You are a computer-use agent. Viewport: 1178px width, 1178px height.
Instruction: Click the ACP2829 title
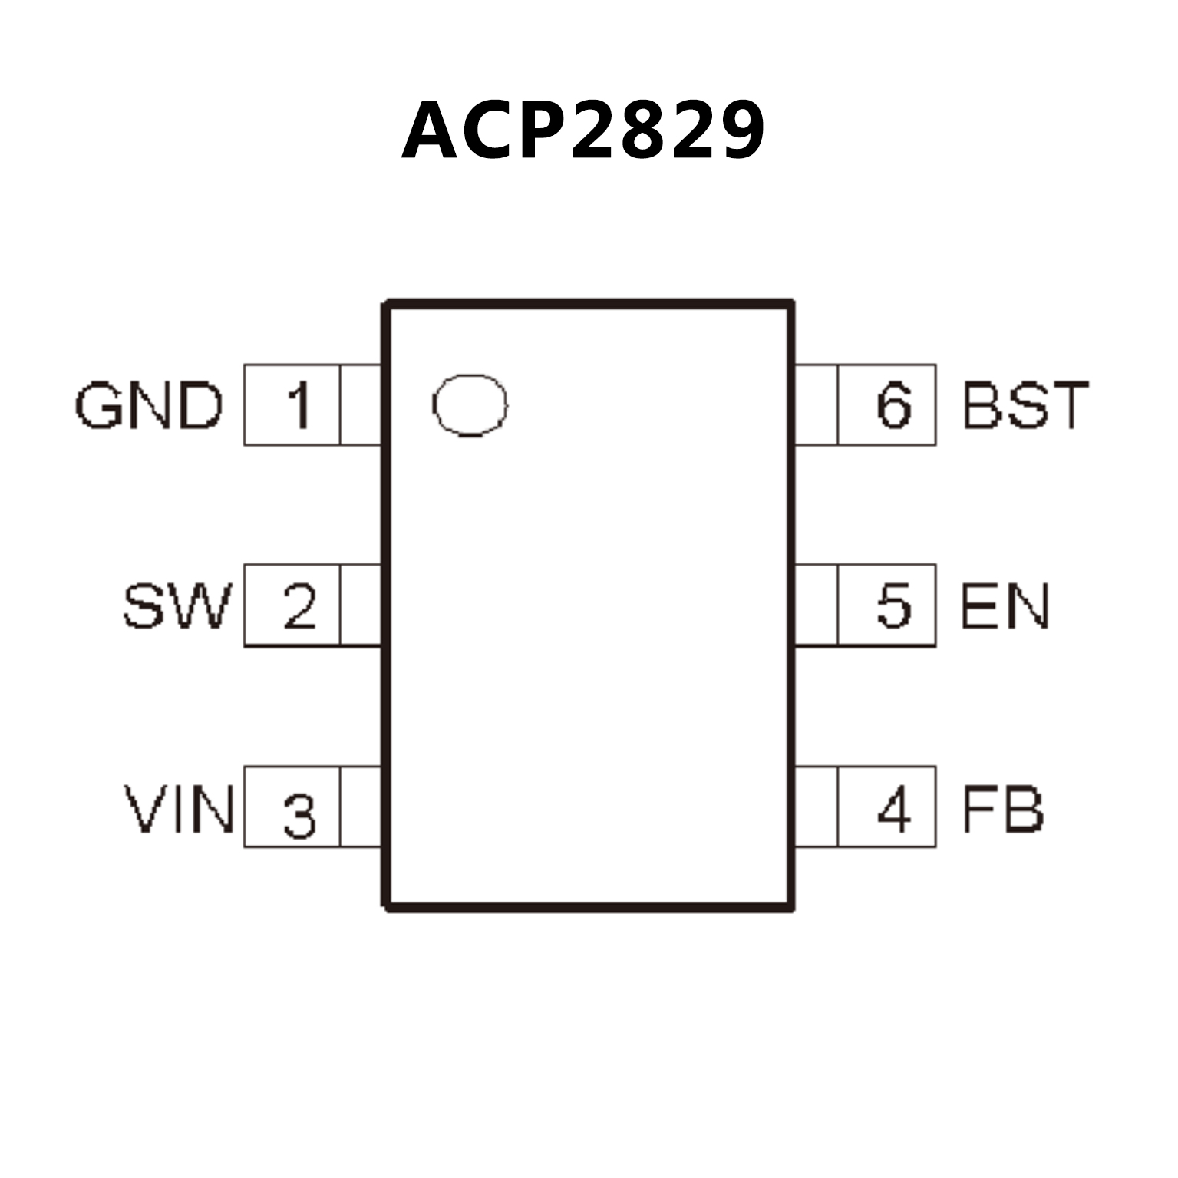click(583, 130)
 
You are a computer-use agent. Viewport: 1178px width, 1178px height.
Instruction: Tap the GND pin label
click(149, 405)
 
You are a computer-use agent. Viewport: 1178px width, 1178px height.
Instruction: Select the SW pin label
click(177, 606)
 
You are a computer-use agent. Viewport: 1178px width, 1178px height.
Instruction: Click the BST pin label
click(1025, 405)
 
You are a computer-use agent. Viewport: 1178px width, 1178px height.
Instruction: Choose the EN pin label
click(1004, 606)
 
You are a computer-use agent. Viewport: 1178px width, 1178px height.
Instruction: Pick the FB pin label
click(1002, 809)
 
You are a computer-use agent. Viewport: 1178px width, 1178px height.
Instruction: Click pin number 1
click(298, 405)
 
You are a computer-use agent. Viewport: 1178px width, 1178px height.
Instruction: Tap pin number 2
click(299, 606)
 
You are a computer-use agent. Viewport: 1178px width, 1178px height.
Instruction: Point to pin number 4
click(894, 809)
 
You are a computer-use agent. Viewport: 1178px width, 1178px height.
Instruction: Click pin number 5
click(894, 606)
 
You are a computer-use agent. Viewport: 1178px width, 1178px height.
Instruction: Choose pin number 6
click(894, 405)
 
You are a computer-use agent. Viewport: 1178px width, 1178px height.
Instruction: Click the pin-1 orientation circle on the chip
click(470, 405)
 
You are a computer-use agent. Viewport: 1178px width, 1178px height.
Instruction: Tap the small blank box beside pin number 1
click(360, 405)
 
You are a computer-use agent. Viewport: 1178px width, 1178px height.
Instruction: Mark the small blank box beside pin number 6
click(816, 405)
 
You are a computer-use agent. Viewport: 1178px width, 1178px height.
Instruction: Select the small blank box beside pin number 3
click(360, 807)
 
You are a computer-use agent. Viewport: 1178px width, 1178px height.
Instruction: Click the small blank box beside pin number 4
click(816, 807)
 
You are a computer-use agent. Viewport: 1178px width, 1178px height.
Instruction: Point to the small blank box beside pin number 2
click(360, 605)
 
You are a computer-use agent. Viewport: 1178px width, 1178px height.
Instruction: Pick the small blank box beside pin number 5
click(816, 605)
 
